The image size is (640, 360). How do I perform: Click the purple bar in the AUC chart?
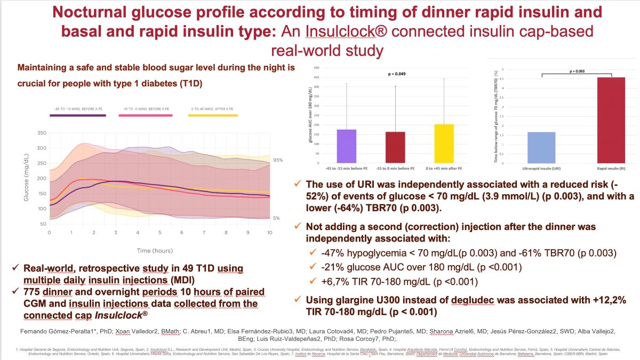347,146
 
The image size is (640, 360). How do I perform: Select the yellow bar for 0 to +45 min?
444,143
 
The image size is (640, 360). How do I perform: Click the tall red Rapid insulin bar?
611,121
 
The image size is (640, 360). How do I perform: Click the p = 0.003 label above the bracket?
577,70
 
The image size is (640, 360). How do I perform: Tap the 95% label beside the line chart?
278,160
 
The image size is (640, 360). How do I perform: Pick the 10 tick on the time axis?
270,233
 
